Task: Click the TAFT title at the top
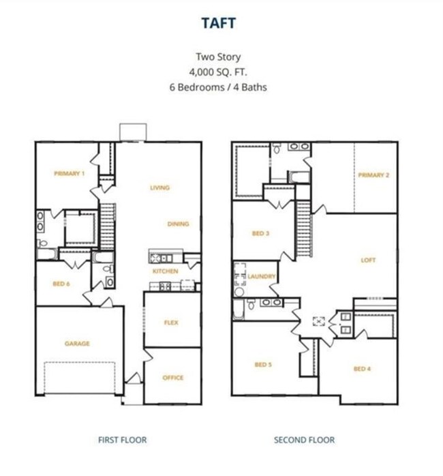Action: (x=219, y=23)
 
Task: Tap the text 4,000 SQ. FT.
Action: (x=218, y=72)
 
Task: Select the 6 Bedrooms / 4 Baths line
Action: (x=218, y=87)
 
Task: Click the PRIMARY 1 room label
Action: (x=70, y=173)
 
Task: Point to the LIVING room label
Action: (x=160, y=188)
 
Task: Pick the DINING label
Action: (x=178, y=224)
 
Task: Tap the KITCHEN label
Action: (x=166, y=271)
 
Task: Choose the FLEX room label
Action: (x=171, y=323)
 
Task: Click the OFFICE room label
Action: (x=173, y=378)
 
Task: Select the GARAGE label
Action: (x=77, y=343)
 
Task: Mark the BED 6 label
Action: (x=61, y=284)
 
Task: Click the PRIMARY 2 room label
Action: (x=373, y=175)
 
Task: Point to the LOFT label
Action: (x=368, y=260)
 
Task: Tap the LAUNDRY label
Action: (x=261, y=277)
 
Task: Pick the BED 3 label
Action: (x=260, y=233)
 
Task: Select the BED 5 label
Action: (x=263, y=365)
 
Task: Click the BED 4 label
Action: (x=362, y=369)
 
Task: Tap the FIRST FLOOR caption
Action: (x=122, y=440)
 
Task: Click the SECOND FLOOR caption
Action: (x=305, y=440)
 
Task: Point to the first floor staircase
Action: (x=108, y=226)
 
